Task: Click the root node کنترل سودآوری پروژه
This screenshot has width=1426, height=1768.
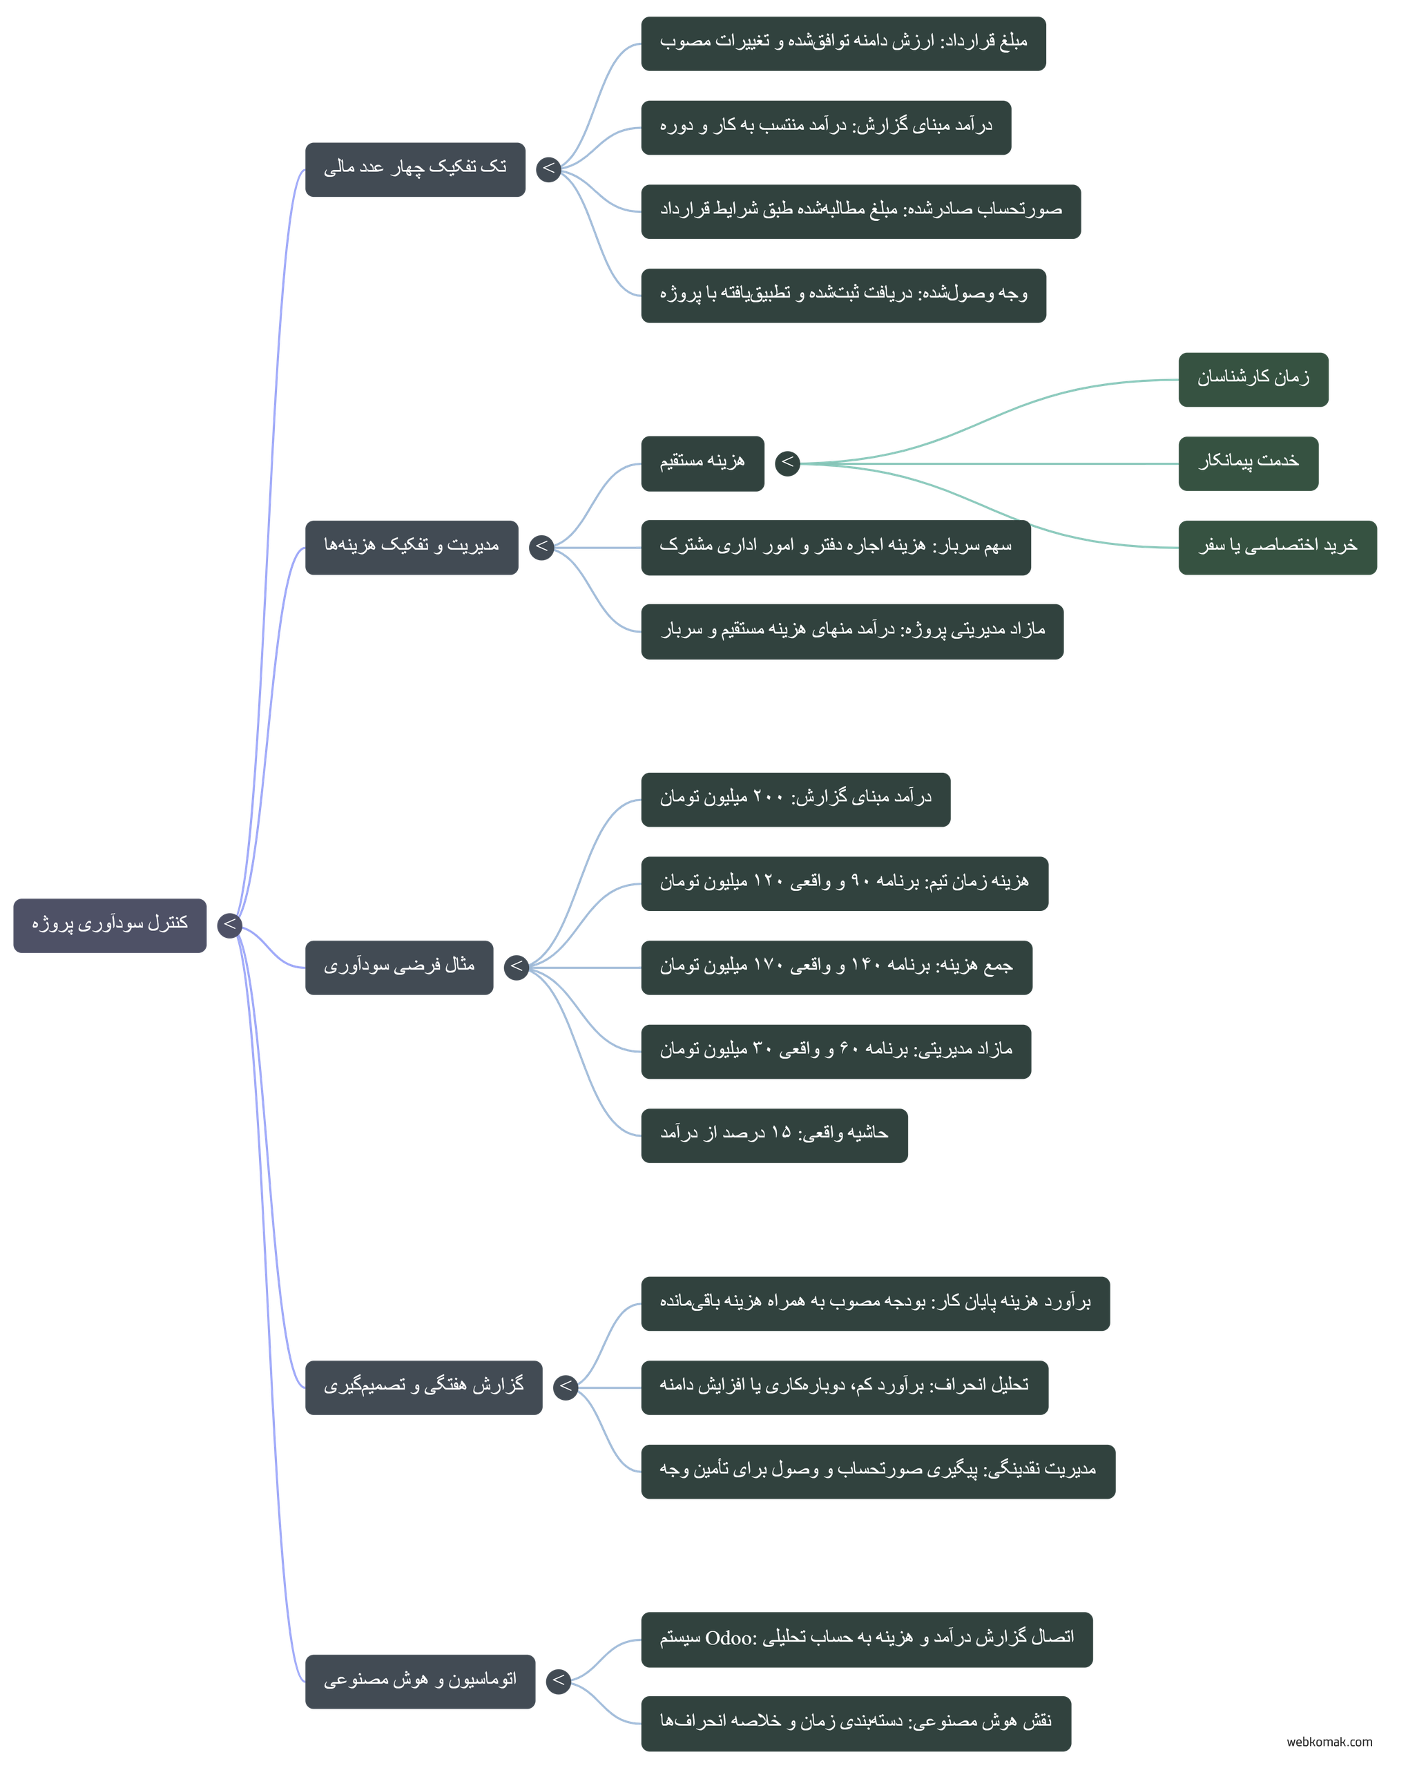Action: coord(110,925)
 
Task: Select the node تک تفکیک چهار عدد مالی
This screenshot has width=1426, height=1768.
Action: coord(415,169)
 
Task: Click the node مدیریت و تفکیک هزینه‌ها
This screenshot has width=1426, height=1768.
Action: coord(412,547)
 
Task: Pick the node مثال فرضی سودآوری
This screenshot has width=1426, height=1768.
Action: coord(399,968)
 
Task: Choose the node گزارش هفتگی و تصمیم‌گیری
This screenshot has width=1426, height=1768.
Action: coord(424,1387)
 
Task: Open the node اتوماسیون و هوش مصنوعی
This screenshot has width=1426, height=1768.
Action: coord(421,1682)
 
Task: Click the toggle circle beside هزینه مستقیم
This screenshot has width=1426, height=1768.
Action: coord(788,463)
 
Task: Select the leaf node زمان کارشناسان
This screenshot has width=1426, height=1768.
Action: coord(1253,380)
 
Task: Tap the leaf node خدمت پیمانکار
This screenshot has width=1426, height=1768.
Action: coord(1249,463)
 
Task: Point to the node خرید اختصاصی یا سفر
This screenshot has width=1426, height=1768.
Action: coord(1278,547)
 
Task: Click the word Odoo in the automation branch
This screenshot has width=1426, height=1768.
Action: coord(729,1638)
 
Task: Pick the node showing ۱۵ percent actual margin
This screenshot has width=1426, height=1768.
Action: coord(775,1135)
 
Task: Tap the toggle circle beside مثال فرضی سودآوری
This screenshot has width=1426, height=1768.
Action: coord(517,967)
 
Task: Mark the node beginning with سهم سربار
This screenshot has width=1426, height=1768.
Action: coord(836,547)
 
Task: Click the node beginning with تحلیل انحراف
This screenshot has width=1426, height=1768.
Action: coord(845,1387)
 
